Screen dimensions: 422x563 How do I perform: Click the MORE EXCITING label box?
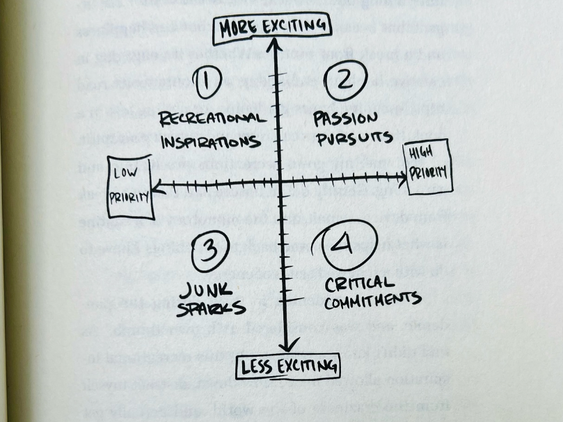pyautogui.click(x=272, y=28)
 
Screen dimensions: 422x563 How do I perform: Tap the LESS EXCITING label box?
pyautogui.click(x=288, y=366)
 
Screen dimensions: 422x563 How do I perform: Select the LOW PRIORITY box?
pyautogui.click(x=129, y=188)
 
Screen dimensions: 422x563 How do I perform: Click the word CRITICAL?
pyautogui.click(x=360, y=284)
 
